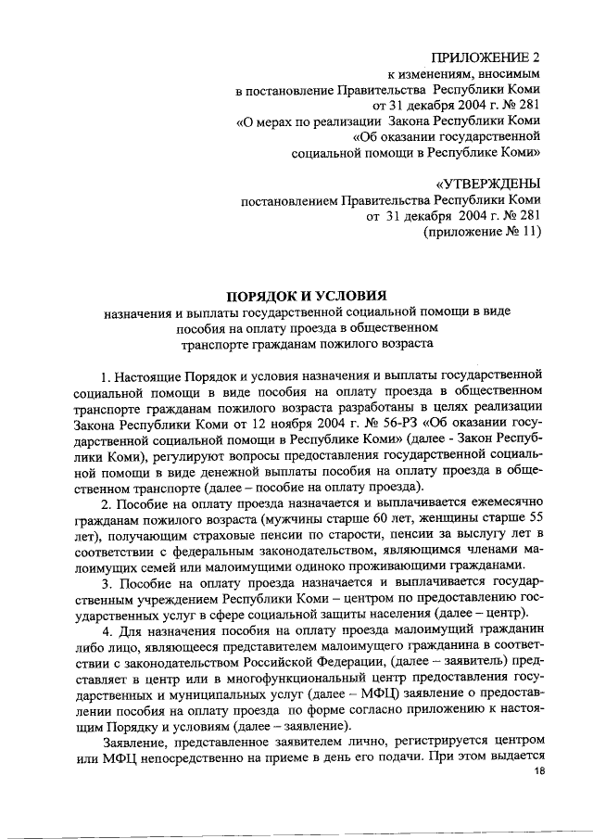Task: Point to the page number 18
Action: (532, 788)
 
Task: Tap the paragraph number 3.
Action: (107, 583)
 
